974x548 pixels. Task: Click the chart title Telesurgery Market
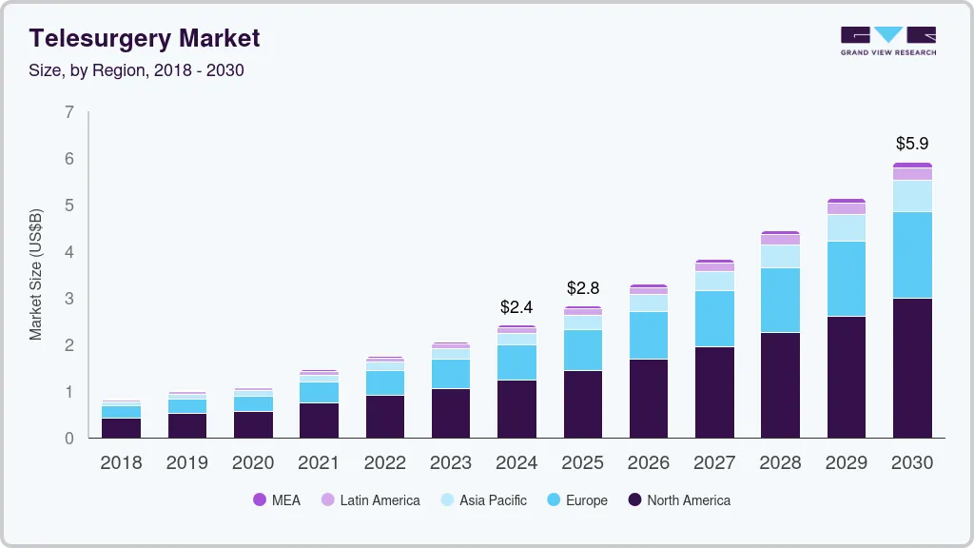click(x=144, y=38)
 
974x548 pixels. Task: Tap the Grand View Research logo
click(x=887, y=40)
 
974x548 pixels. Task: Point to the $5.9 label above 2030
click(x=911, y=144)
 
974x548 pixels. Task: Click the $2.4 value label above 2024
click(x=516, y=307)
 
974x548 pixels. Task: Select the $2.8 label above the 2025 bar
click(x=582, y=287)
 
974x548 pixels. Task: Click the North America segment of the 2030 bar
click(x=911, y=367)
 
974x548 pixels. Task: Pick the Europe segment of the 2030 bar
click(x=911, y=255)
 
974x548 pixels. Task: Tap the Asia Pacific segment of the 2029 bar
click(x=846, y=227)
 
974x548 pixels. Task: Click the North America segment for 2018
click(x=121, y=427)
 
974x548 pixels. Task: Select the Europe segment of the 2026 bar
click(x=648, y=335)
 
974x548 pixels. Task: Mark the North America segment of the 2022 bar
click(x=384, y=416)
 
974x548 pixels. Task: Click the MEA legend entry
click(x=276, y=499)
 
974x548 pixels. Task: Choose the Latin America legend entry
click(x=370, y=499)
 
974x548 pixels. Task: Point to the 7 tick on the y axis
click(x=68, y=112)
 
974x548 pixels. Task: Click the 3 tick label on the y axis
click(x=68, y=299)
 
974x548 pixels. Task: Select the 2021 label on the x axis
click(x=319, y=462)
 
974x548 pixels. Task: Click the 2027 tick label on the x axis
click(x=713, y=462)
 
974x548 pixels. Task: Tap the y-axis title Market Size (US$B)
click(x=36, y=275)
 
